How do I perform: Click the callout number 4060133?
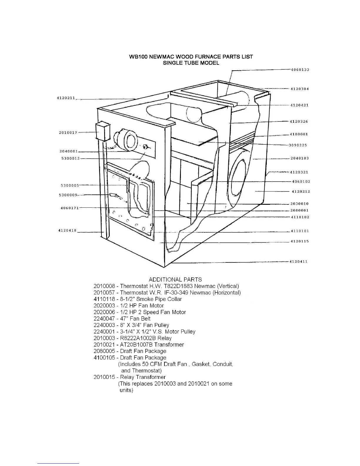tap(300, 70)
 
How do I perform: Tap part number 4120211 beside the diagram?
tap(66, 98)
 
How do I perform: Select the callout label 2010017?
tap(68, 133)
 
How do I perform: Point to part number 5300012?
tap(70, 159)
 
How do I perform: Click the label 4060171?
tap(69, 208)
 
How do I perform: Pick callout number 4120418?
tap(67, 230)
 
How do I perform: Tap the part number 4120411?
tap(299, 262)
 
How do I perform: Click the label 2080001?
tap(299, 210)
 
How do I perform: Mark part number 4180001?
tap(299, 134)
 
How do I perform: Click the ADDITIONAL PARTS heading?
tap(175, 279)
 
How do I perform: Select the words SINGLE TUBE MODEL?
tap(191, 63)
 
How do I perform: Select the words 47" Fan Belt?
tap(135, 319)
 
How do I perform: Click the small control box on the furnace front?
tap(102, 132)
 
